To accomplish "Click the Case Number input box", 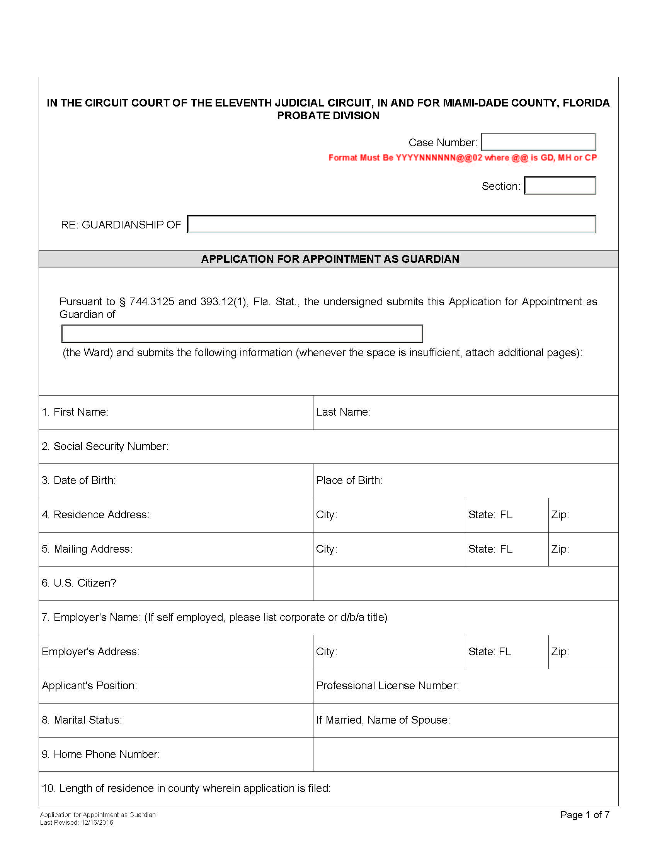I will (538, 142).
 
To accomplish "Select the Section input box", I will (560, 185).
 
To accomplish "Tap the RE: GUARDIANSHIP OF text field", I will (391, 224).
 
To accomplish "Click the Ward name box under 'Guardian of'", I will (242, 334).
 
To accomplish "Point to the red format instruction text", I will (462, 158).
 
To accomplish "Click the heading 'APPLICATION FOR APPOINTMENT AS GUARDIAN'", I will (330, 259).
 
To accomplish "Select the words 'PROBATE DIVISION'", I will (328, 116).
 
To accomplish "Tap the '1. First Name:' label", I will (75, 412).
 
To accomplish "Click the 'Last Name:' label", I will (343, 412).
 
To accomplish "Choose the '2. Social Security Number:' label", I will (105, 446).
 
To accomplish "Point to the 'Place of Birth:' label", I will (349, 480).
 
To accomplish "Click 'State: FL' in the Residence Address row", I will (490, 515).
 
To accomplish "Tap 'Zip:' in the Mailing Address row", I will (560, 549).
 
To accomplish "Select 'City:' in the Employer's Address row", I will (327, 651).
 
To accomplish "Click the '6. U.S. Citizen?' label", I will (79, 583).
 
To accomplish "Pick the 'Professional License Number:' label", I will (387, 686).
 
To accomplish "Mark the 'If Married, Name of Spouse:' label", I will (383, 720).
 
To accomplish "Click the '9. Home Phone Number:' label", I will (101, 754).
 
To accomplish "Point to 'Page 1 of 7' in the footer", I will (585, 815).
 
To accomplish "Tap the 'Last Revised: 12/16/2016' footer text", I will (77, 823).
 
